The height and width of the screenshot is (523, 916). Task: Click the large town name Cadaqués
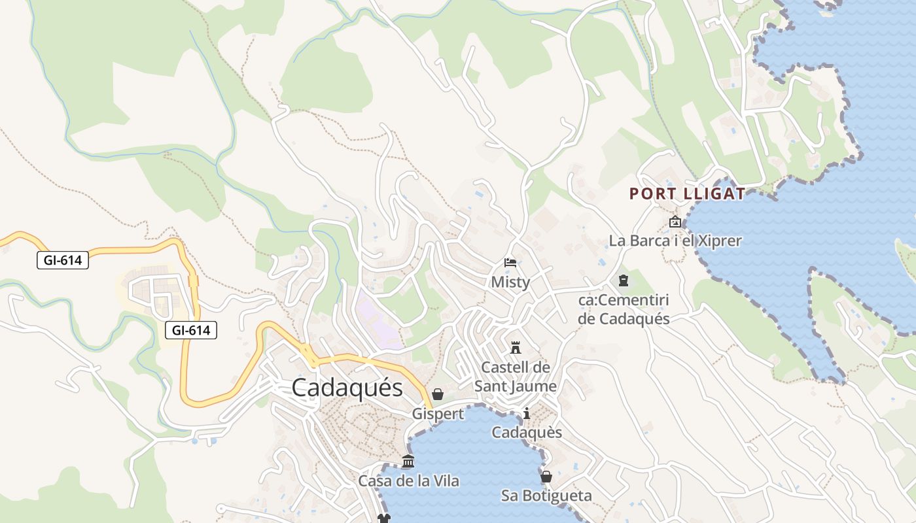click(x=347, y=388)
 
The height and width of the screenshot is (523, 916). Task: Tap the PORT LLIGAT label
click(x=687, y=194)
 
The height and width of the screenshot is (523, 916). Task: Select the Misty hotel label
click(x=510, y=282)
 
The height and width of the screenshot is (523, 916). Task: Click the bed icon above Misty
click(x=510, y=263)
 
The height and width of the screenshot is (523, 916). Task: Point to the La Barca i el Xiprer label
click(x=675, y=241)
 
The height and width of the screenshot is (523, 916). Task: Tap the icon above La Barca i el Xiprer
click(x=675, y=222)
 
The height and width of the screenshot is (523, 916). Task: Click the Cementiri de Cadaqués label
click(x=624, y=309)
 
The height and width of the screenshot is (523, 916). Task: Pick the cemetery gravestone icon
click(x=623, y=281)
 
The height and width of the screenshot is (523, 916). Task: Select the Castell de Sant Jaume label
click(x=516, y=377)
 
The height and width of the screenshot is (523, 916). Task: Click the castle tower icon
click(x=516, y=346)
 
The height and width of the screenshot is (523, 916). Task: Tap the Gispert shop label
click(x=438, y=414)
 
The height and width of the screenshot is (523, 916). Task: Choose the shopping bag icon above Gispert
click(x=438, y=394)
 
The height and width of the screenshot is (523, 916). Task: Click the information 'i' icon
click(x=527, y=413)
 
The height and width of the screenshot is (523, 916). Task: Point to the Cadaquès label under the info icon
click(x=527, y=433)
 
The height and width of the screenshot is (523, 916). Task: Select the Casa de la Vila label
click(x=408, y=481)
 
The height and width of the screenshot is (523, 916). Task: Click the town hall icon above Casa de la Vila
click(x=408, y=462)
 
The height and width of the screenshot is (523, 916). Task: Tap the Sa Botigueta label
click(x=546, y=496)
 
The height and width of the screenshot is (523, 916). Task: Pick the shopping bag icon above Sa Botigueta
click(x=546, y=477)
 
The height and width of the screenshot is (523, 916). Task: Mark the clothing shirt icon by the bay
click(x=383, y=518)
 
